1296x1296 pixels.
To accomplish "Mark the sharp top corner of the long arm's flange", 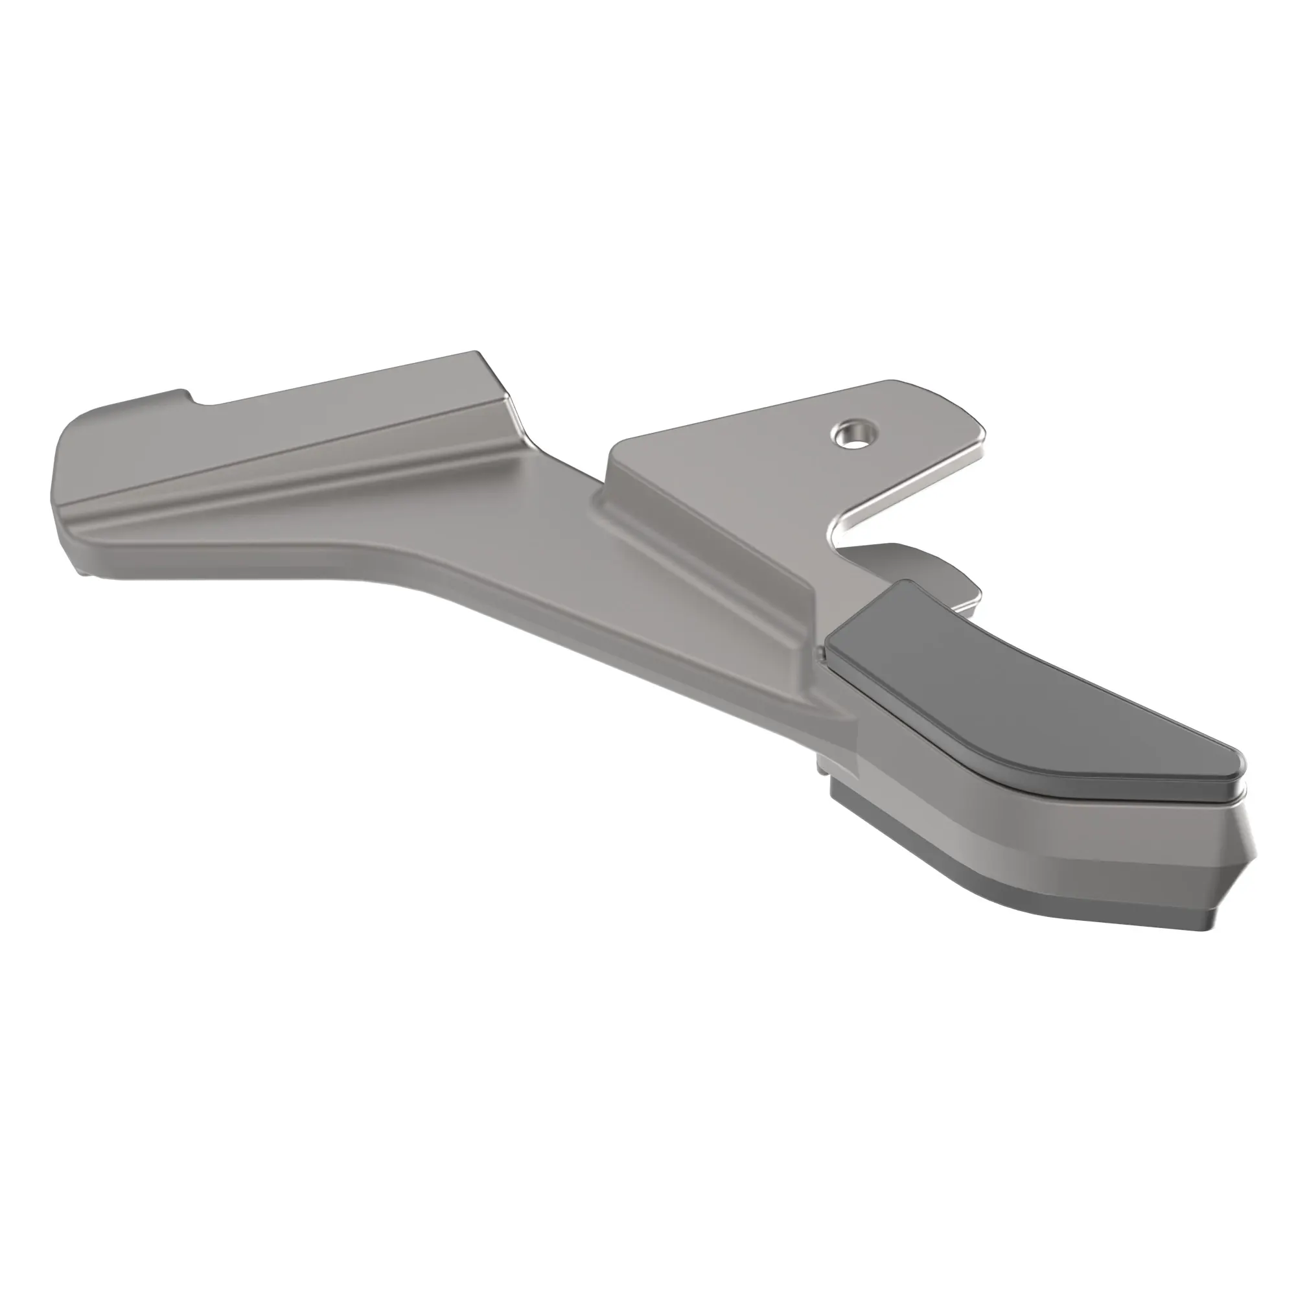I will tap(477, 353).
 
